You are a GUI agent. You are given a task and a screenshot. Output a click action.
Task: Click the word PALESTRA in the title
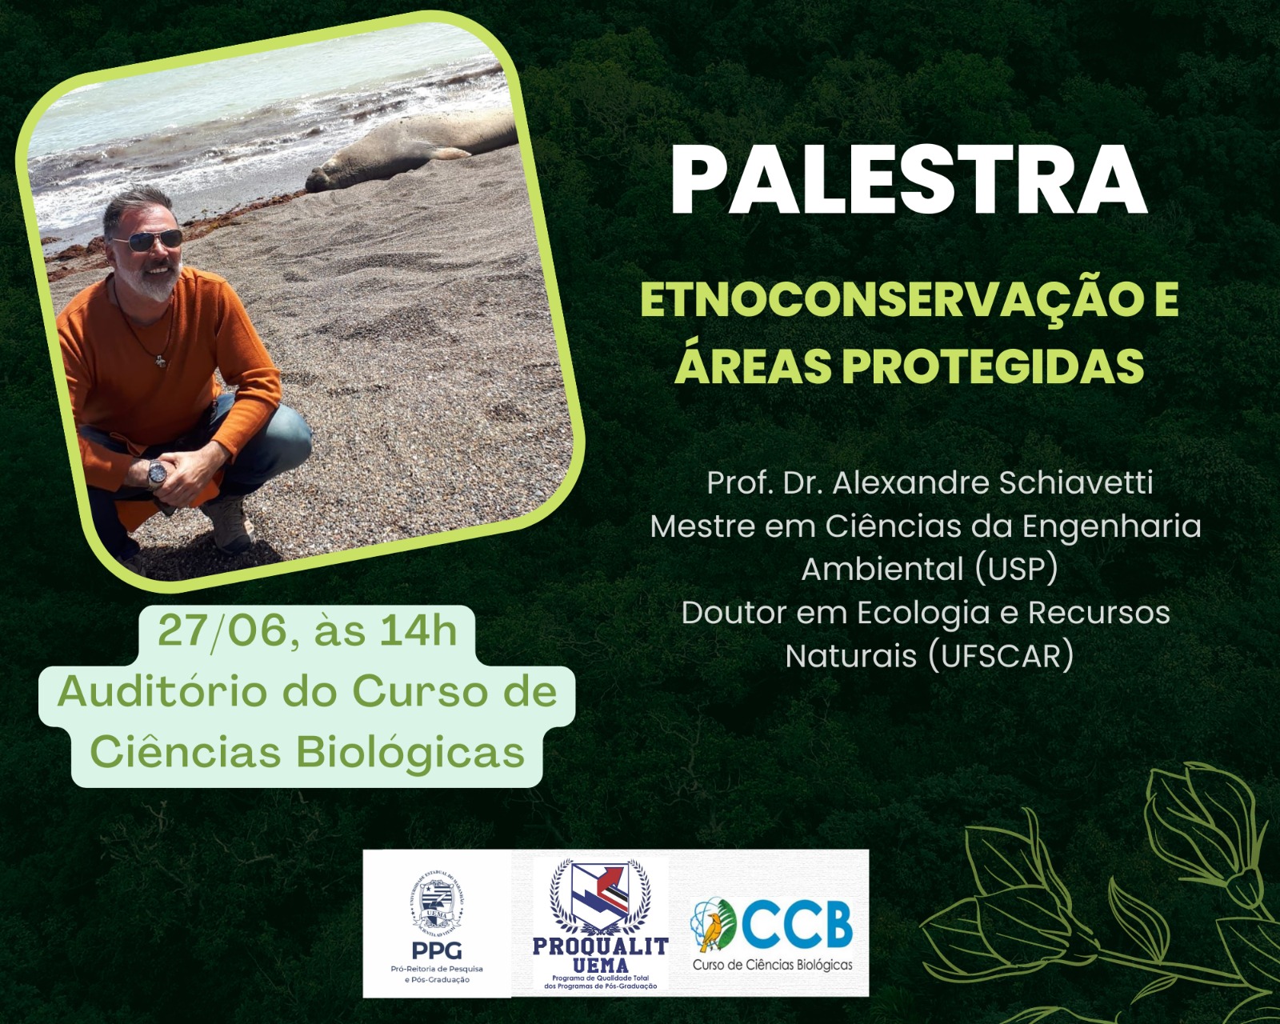point(908,181)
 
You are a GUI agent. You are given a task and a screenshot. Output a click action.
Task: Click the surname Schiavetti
point(1075,482)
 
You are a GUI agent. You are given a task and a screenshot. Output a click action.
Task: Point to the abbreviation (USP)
point(1016,570)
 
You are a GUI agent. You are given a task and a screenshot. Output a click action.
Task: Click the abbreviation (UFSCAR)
point(1001,656)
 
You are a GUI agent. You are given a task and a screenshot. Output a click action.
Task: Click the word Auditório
point(162,692)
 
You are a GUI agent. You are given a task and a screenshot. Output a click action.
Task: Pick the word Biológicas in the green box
point(410,754)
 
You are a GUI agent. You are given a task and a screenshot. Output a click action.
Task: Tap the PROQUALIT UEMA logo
point(600,923)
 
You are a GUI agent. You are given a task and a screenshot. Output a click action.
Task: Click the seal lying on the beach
point(410,151)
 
